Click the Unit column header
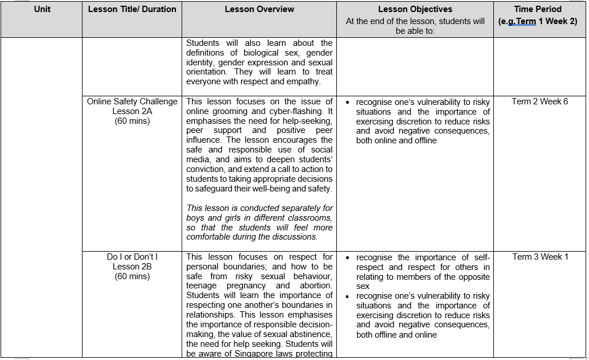coord(42,9)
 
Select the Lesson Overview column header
coord(259,9)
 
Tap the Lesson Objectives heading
coord(415,9)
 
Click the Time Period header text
coord(537,9)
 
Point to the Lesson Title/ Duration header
coord(132,9)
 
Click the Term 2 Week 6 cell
coord(540,101)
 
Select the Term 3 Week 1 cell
coord(540,257)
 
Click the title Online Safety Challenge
coord(132,101)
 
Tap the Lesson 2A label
coord(132,111)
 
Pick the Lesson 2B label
coord(132,267)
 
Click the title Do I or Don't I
coord(132,257)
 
